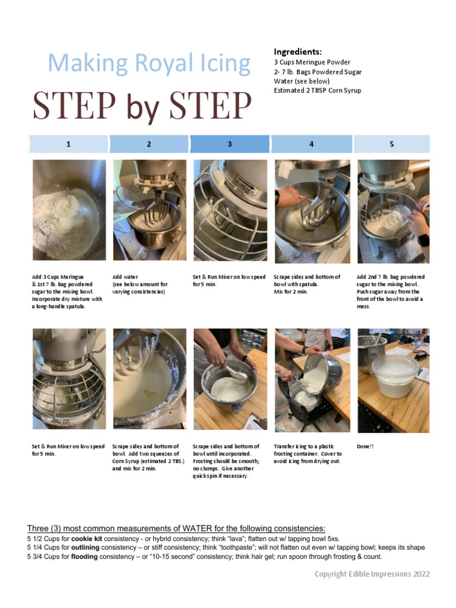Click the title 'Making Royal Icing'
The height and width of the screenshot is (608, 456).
pyautogui.click(x=149, y=64)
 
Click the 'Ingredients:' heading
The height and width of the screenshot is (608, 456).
pyautogui.click(x=297, y=52)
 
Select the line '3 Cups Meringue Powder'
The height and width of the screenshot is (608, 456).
pyautogui.click(x=312, y=62)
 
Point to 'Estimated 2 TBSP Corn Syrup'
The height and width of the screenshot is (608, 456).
pyautogui.click(x=317, y=91)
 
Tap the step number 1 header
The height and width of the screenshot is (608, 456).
pyautogui.click(x=68, y=144)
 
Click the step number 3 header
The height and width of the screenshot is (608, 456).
pyautogui.click(x=230, y=144)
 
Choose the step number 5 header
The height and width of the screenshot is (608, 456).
pyautogui.click(x=392, y=144)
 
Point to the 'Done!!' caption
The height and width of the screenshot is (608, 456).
pyautogui.click(x=366, y=446)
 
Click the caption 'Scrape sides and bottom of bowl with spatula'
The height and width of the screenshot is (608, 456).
pyautogui.click(x=306, y=280)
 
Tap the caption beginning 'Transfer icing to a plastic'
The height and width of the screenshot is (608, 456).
pyautogui.click(x=308, y=454)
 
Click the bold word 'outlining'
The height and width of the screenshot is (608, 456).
pyautogui.click(x=85, y=547)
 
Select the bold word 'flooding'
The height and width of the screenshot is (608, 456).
pyautogui.click(x=85, y=557)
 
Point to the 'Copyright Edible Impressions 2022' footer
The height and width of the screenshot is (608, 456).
pyautogui.click(x=372, y=574)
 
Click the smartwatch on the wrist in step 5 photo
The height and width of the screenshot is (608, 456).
pyautogui.click(x=423, y=240)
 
